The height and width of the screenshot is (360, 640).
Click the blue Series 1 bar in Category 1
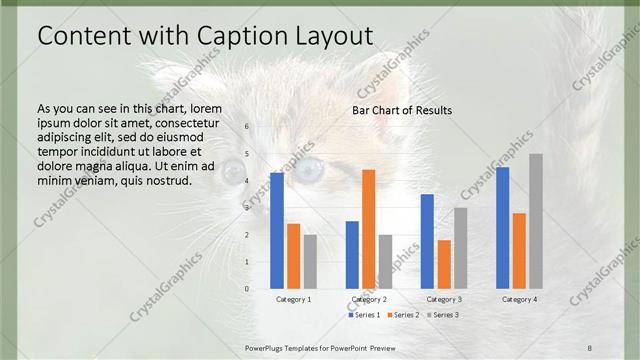[x=277, y=231]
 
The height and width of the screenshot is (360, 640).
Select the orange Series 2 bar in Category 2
[x=368, y=229]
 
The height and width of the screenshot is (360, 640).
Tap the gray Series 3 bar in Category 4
[x=536, y=221]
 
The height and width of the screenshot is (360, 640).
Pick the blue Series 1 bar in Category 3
[x=427, y=241]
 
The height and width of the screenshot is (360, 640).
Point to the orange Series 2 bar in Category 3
[x=444, y=264]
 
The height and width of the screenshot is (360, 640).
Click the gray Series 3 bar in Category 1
[x=310, y=262]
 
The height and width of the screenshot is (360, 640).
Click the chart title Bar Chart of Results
[x=402, y=110]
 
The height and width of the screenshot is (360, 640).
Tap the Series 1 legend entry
[x=363, y=315]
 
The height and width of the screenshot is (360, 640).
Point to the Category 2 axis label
[x=368, y=299]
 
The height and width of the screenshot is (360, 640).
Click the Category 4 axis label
[x=519, y=299]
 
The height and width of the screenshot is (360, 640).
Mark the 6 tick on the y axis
[x=247, y=126]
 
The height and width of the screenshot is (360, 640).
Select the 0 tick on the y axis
[x=247, y=289]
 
